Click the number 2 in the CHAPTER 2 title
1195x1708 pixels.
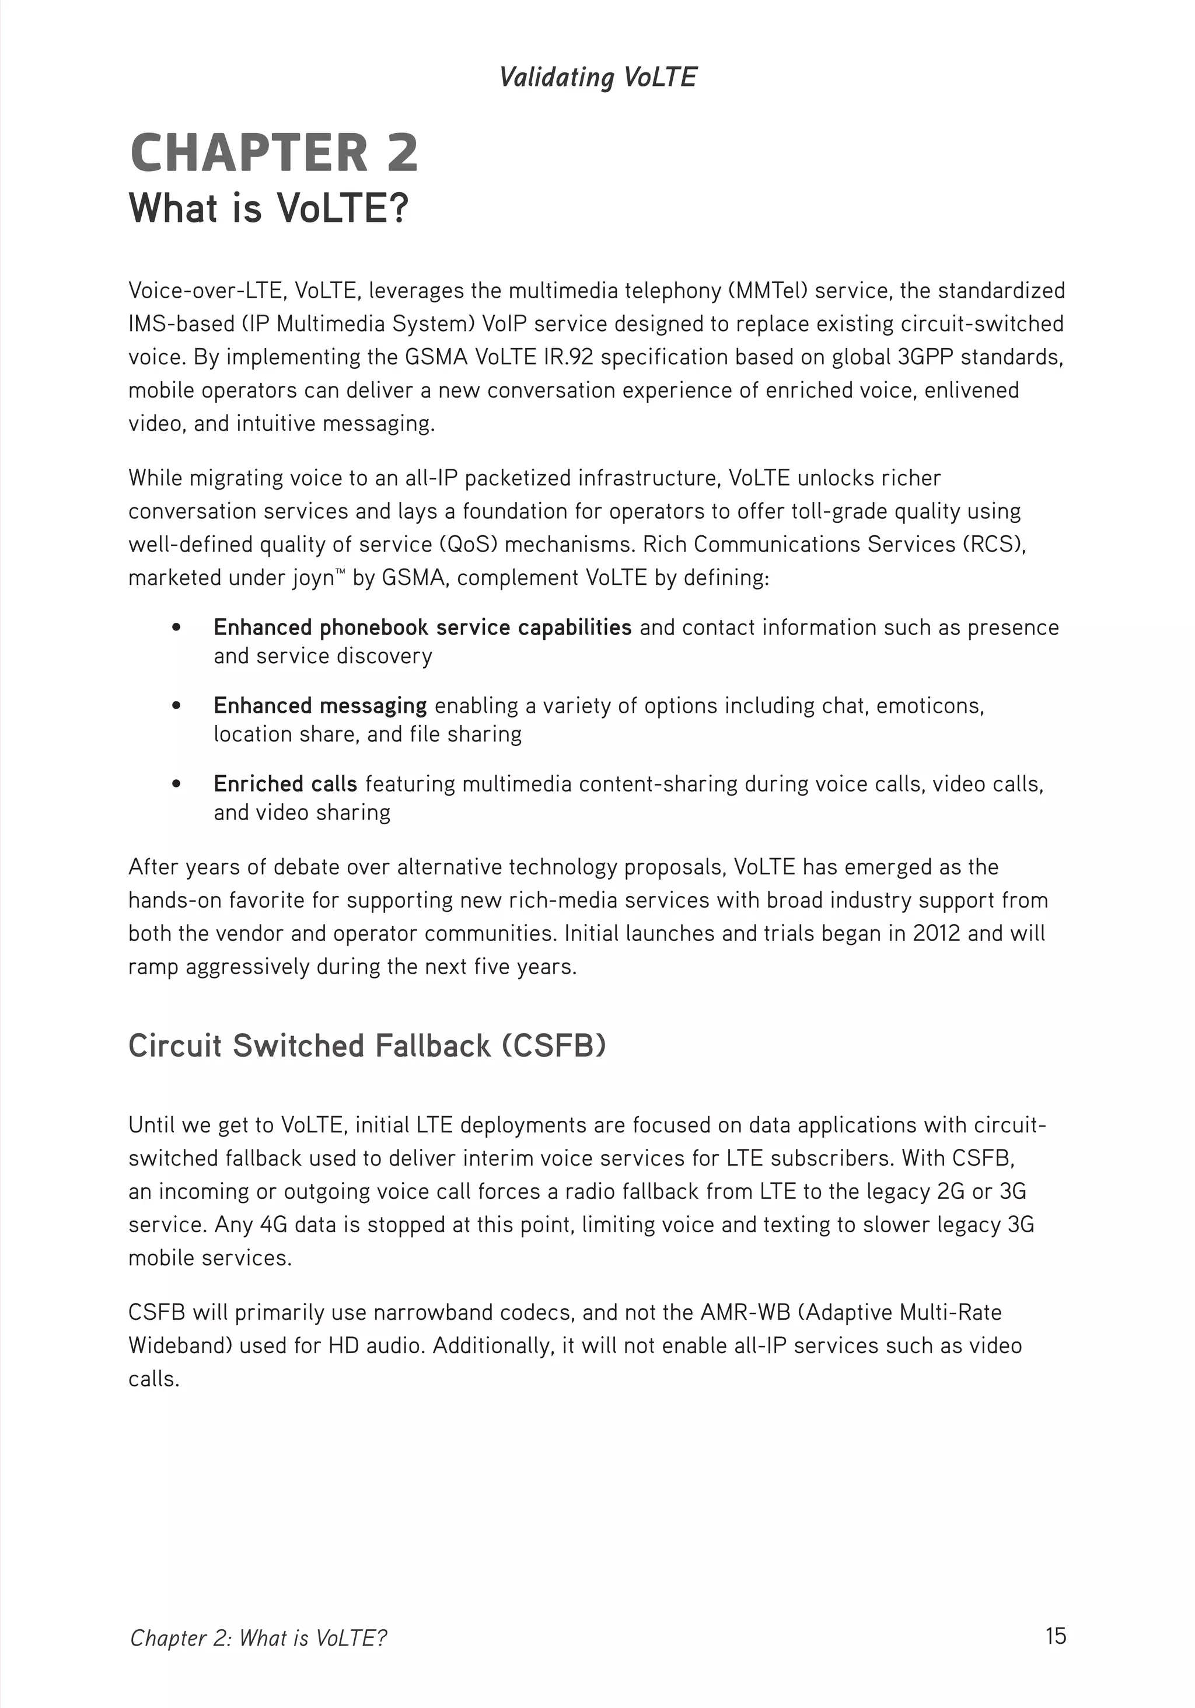coord(401,154)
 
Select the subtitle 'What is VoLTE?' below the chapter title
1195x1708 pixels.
coord(268,208)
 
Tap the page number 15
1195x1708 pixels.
coord(1055,1636)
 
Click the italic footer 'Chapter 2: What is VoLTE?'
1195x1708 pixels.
coord(258,1638)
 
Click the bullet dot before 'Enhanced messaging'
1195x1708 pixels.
coord(176,705)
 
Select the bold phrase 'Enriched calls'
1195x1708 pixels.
coord(285,783)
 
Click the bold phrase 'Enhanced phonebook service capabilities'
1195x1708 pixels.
coord(422,627)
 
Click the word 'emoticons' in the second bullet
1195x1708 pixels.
coord(930,705)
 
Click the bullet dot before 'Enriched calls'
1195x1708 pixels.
coord(176,783)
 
